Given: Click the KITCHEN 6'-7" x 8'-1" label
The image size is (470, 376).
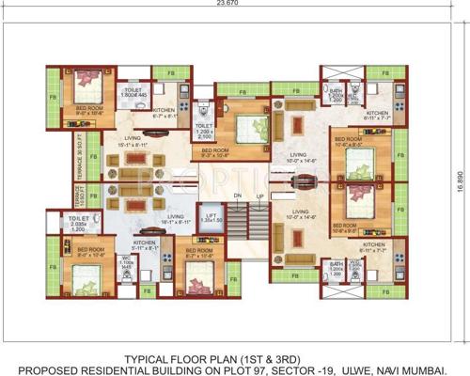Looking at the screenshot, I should pos(164,113).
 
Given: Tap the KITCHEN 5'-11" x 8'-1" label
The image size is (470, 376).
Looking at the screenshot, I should pos(145,245).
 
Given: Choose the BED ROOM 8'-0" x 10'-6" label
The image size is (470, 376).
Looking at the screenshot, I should pos(77,253).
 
